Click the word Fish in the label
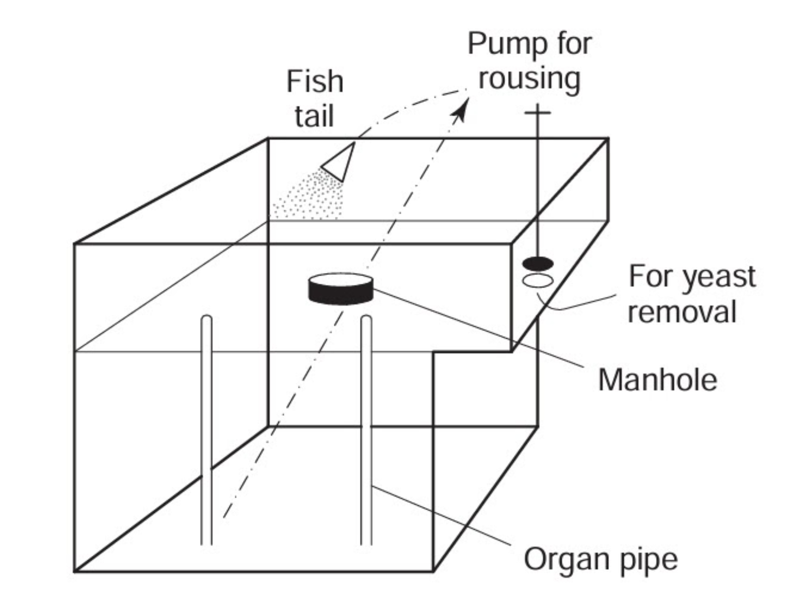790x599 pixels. pos(315,82)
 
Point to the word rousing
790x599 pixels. pos(529,79)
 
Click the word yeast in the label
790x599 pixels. pos(719,276)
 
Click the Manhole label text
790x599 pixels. pos(658,380)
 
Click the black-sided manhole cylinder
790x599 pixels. pos(340,290)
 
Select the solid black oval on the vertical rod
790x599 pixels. pos(538,263)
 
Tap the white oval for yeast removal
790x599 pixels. pos(538,281)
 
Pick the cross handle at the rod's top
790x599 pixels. pos(537,113)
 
